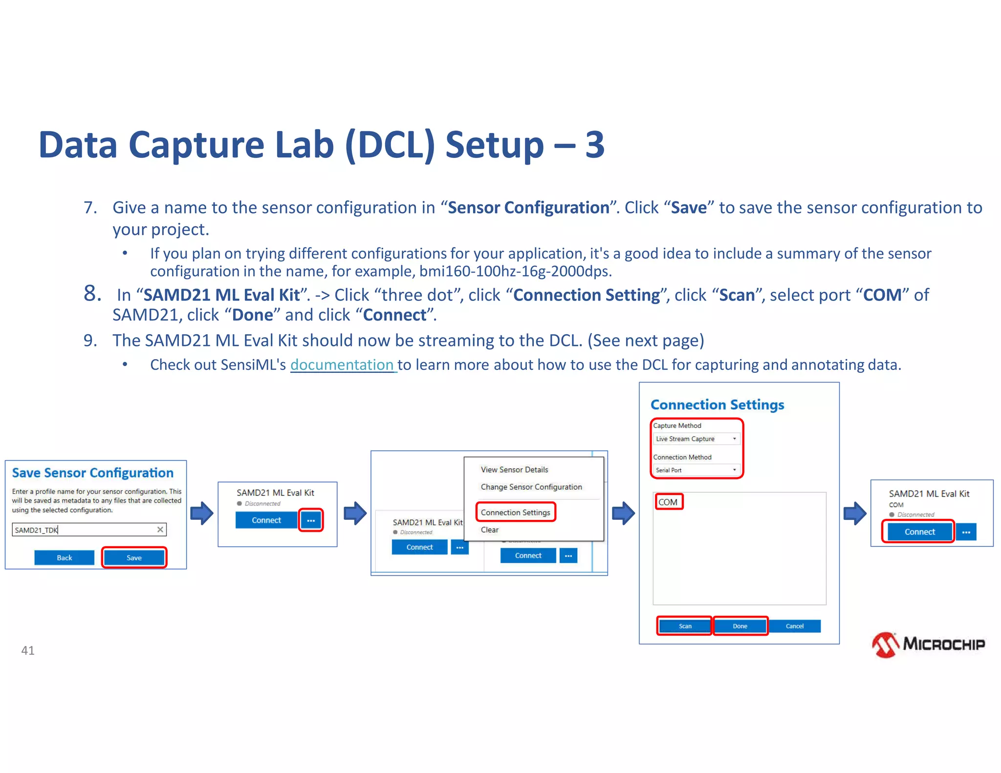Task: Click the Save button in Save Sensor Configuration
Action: pos(134,558)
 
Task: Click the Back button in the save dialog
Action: pos(64,558)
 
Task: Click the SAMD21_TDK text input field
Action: pos(83,530)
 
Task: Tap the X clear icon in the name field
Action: pos(160,530)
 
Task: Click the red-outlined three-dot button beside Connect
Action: pos(311,520)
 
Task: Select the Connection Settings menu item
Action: pos(515,512)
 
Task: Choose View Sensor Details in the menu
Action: pos(514,470)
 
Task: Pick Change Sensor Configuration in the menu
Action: pos(531,487)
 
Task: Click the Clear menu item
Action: pos(489,530)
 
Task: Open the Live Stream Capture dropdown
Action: pos(696,439)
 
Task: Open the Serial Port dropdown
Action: pos(696,470)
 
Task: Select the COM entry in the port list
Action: pos(668,502)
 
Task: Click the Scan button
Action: pos(685,626)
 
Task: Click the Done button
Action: pos(740,626)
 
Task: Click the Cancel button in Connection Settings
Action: pos(794,626)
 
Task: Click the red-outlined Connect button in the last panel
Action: pos(919,532)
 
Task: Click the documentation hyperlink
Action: pos(342,365)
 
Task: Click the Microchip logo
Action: pos(928,644)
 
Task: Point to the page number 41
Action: pos(28,650)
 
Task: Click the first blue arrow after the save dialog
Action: pos(202,513)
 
